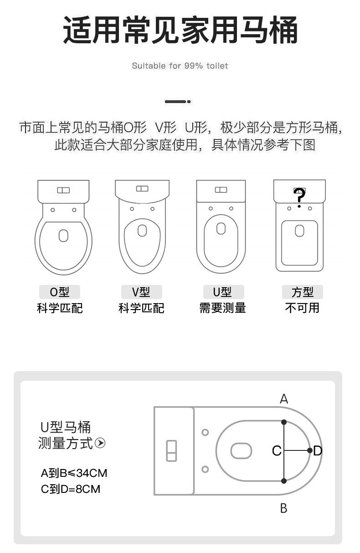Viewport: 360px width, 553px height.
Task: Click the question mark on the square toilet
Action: (x=299, y=197)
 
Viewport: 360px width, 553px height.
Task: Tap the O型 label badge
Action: (x=59, y=292)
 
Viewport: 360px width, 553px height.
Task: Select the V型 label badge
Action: (x=141, y=292)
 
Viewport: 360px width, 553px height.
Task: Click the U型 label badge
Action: (x=223, y=292)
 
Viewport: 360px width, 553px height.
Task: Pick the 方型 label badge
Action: (x=302, y=292)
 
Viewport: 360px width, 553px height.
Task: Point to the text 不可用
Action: (x=302, y=308)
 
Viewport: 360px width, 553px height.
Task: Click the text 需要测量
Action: (x=223, y=308)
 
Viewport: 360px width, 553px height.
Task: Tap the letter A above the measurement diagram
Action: (x=284, y=399)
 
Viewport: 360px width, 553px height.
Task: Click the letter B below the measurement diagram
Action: (x=283, y=508)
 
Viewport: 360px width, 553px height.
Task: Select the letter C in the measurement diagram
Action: (x=276, y=451)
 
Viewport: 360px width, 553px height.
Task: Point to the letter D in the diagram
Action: (x=318, y=451)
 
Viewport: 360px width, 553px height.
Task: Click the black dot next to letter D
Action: (x=310, y=450)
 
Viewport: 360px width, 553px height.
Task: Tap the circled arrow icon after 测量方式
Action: (x=100, y=443)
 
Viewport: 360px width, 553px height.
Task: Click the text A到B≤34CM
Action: (x=74, y=473)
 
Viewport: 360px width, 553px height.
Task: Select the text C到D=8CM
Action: (x=71, y=489)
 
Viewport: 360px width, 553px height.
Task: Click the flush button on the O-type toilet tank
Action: (x=63, y=190)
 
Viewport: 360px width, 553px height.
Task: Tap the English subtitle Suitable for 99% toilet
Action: (x=180, y=66)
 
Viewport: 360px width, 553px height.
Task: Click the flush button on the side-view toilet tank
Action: (x=171, y=450)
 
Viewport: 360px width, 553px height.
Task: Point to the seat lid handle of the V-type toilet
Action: (x=142, y=230)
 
